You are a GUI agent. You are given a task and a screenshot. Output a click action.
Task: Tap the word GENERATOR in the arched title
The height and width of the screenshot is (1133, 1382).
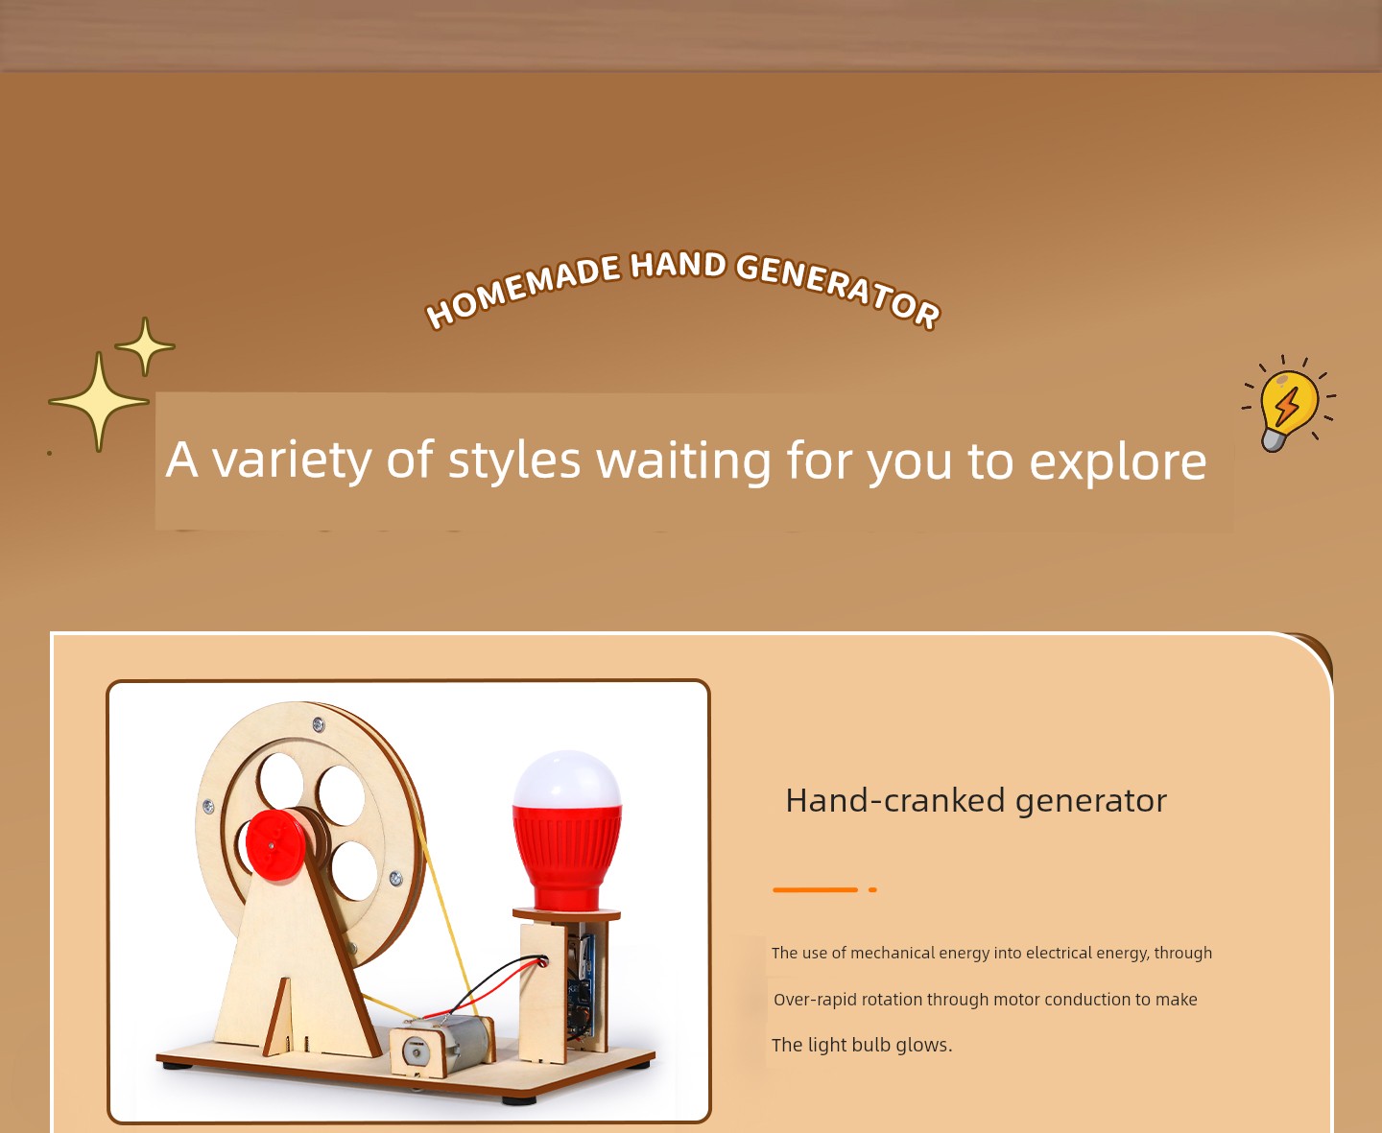coord(838,289)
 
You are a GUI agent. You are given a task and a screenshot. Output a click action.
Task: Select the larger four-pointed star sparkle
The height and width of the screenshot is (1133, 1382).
coord(99,401)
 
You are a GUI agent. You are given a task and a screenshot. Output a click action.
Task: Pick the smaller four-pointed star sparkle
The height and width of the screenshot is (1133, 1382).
coord(145,346)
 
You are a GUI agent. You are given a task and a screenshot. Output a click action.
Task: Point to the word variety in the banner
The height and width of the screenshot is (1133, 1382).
coord(293,461)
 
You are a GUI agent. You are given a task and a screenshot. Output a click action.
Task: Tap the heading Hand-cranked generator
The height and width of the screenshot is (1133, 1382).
coord(976,800)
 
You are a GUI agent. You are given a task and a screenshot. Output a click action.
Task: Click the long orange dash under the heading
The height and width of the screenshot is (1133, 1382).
coord(815,889)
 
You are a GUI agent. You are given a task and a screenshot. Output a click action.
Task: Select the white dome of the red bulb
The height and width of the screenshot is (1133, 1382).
coord(567,779)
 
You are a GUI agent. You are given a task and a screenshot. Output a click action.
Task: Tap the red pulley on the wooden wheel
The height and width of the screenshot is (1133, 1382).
coord(275,845)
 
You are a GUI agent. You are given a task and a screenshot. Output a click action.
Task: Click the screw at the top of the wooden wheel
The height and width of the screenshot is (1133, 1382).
coord(318,724)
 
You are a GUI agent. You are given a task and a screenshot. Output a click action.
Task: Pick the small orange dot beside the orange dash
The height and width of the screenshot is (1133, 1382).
coord(872,889)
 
